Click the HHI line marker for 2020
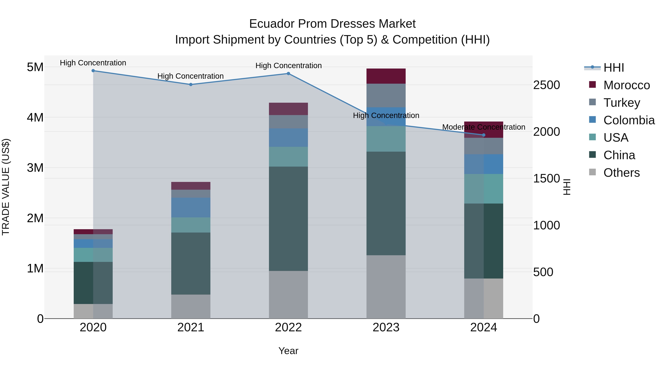[x=93, y=71]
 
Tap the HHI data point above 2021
[x=191, y=85]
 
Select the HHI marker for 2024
[x=484, y=135]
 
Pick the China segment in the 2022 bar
[x=288, y=219]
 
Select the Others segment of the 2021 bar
[x=191, y=306]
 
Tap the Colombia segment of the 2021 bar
[x=191, y=208]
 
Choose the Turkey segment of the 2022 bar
[x=288, y=122]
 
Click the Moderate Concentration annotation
[x=484, y=127]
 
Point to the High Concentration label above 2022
[x=288, y=66]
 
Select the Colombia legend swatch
[x=592, y=120]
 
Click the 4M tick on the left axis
[x=35, y=117]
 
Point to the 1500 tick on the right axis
[x=547, y=179]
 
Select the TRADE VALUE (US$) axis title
[x=6, y=187]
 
